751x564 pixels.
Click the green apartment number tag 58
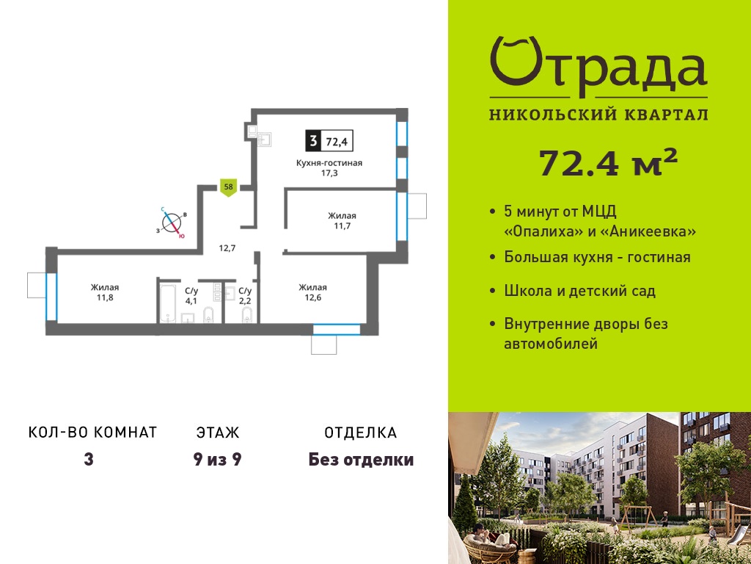click(x=229, y=187)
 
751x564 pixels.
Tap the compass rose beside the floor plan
click(x=171, y=223)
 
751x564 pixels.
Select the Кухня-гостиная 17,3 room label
click(x=329, y=168)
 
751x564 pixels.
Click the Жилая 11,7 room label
click(x=342, y=220)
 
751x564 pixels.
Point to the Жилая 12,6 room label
click(x=312, y=292)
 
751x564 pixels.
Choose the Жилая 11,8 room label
click(x=105, y=292)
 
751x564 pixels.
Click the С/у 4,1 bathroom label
click(x=191, y=296)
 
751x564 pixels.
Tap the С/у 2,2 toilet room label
click(x=245, y=296)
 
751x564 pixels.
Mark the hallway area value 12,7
click(x=227, y=248)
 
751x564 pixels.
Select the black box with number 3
click(x=313, y=141)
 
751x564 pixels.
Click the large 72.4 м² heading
click(x=608, y=163)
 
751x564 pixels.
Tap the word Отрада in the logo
click(x=598, y=67)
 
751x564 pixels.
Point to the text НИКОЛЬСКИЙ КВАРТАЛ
click(x=598, y=115)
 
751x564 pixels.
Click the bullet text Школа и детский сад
click(x=579, y=291)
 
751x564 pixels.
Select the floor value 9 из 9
click(x=217, y=460)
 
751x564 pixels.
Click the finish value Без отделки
click(x=361, y=460)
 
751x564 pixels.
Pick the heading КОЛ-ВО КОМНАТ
click(x=93, y=432)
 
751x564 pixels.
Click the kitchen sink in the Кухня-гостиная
click(x=264, y=139)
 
